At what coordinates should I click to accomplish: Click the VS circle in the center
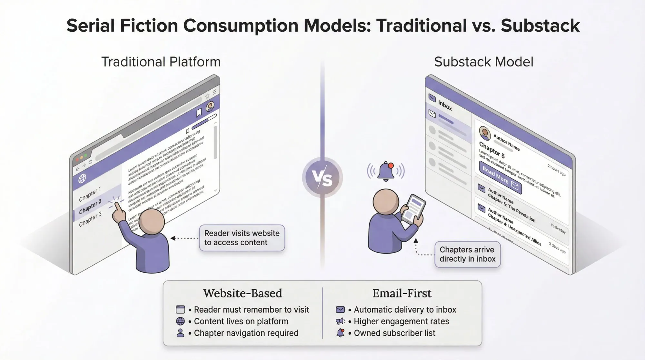(x=322, y=177)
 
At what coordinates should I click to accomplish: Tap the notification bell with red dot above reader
(x=386, y=171)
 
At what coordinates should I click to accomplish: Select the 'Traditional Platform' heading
(x=161, y=62)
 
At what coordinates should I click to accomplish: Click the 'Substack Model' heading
(x=483, y=62)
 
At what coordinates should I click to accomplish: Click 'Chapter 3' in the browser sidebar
(x=90, y=219)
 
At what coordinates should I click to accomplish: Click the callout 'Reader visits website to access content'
(x=242, y=238)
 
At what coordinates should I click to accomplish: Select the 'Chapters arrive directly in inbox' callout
(x=467, y=255)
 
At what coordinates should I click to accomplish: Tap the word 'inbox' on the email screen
(x=445, y=105)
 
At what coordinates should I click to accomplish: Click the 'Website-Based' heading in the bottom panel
(x=243, y=293)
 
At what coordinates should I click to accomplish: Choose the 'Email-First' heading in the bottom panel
(x=402, y=293)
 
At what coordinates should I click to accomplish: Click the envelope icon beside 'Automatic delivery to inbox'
(x=340, y=310)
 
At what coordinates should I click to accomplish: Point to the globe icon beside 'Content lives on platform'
(x=180, y=321)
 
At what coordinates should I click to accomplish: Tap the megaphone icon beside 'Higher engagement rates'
(x=340, y=321)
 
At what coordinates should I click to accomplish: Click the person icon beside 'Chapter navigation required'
(x=180, y=333)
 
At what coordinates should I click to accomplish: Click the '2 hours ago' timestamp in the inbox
(x=556, y=170)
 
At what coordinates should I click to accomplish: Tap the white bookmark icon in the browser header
(x=199, y=113)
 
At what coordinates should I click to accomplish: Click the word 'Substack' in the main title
(x=540, y=26)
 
